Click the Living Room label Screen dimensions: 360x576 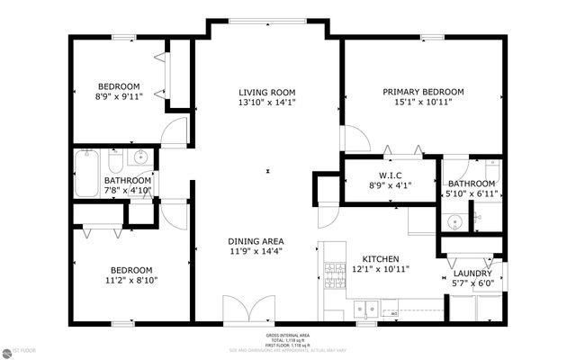pos(267,92)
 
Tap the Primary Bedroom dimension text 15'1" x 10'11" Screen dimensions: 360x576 pos(423,103)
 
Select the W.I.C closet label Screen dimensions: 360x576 pos(389,175)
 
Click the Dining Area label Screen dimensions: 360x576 pos(256,241)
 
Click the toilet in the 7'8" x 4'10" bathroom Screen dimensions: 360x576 pos(115,161)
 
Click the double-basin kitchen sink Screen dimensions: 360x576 pos(365,308)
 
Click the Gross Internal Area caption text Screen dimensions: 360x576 pos(288,335)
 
